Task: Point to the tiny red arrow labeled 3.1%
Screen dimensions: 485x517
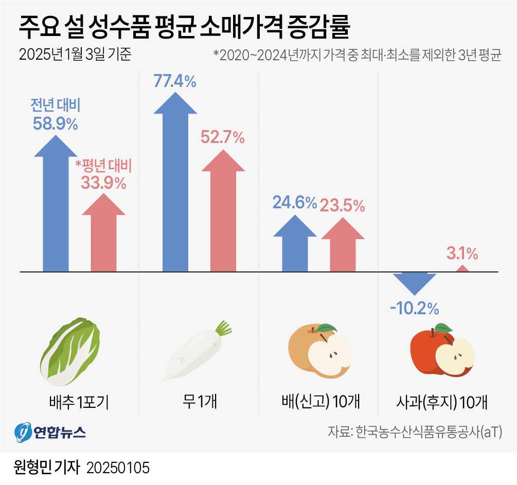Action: coord(462,268)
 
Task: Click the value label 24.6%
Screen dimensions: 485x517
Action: coord(294,203)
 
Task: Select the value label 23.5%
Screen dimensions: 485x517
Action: coord(342,206)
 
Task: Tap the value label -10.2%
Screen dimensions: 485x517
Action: coord(414,309)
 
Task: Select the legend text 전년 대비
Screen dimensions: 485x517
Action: coord(55,106)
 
